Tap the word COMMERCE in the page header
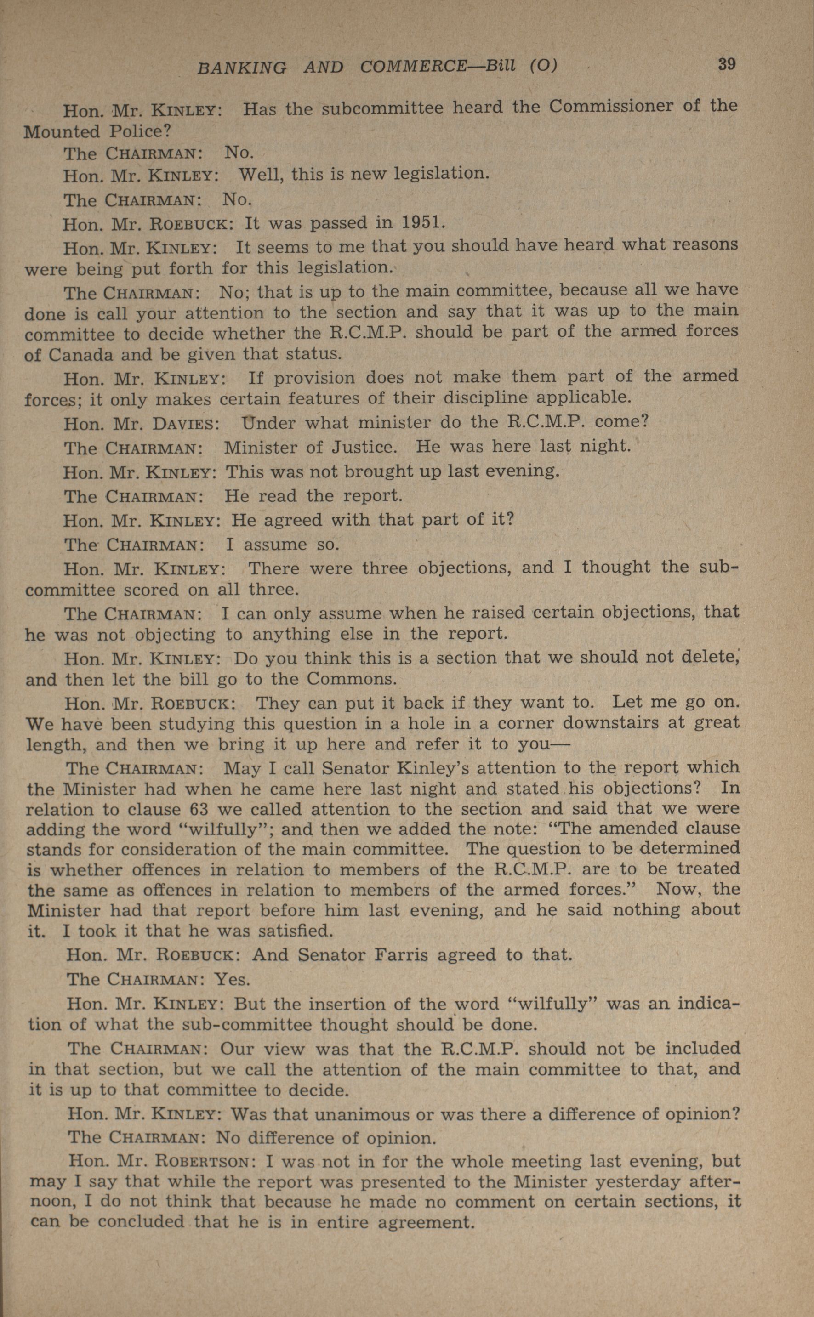click(414, 66)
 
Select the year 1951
click(422, 222)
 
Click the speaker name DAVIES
click(185, 424)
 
